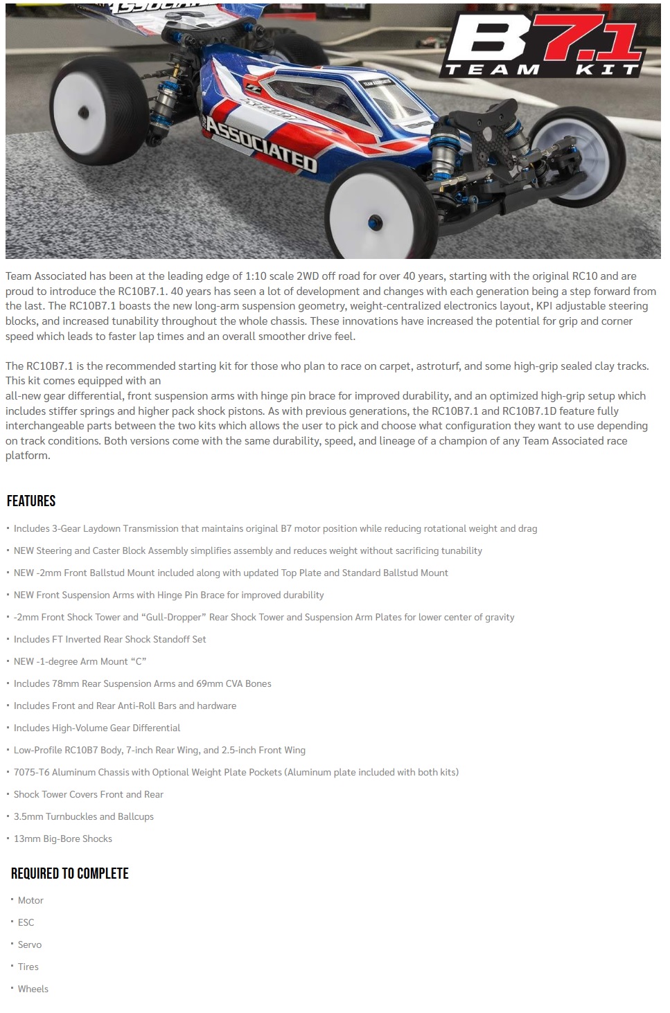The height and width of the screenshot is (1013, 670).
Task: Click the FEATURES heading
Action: point(31,501)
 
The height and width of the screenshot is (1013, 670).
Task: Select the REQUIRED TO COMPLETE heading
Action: point(70,873)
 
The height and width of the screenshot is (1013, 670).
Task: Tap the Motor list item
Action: point(30,900)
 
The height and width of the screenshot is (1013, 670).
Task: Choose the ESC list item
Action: point(26,922)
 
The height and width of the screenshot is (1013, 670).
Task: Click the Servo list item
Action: point(30,944)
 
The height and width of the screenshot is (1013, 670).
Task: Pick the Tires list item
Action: point(28,967)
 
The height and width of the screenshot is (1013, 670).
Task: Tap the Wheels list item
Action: point(33,989)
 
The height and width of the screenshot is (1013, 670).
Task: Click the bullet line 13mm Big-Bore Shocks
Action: point(63,839)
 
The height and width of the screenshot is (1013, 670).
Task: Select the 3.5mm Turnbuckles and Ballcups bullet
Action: point(84,816)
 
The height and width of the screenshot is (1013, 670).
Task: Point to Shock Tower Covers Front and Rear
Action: point(89,794)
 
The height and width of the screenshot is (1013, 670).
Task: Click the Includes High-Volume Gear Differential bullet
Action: point(97,728)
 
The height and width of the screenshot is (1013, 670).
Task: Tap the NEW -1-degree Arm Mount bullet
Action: point(80,661)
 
